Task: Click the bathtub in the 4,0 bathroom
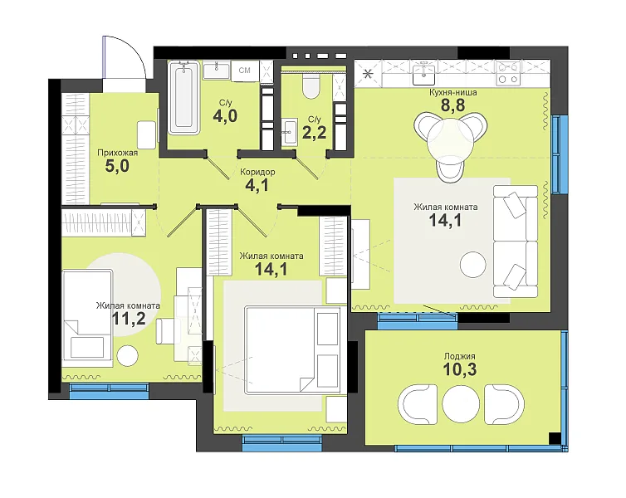[183, 97]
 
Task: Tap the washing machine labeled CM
[245, 71]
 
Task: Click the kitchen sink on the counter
[423, 74]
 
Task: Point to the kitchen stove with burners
[508, 73]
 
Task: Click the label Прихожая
[118, 153]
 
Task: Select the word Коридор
[257, 172]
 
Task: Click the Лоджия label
[459, 356]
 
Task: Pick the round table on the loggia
[458, 404]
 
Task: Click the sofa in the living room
[515, 242]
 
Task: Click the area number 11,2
[129, 319]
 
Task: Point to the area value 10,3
[459, 369]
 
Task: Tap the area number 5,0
[117, 166]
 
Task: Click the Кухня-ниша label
[452, 93]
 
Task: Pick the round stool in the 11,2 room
[128, 354]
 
